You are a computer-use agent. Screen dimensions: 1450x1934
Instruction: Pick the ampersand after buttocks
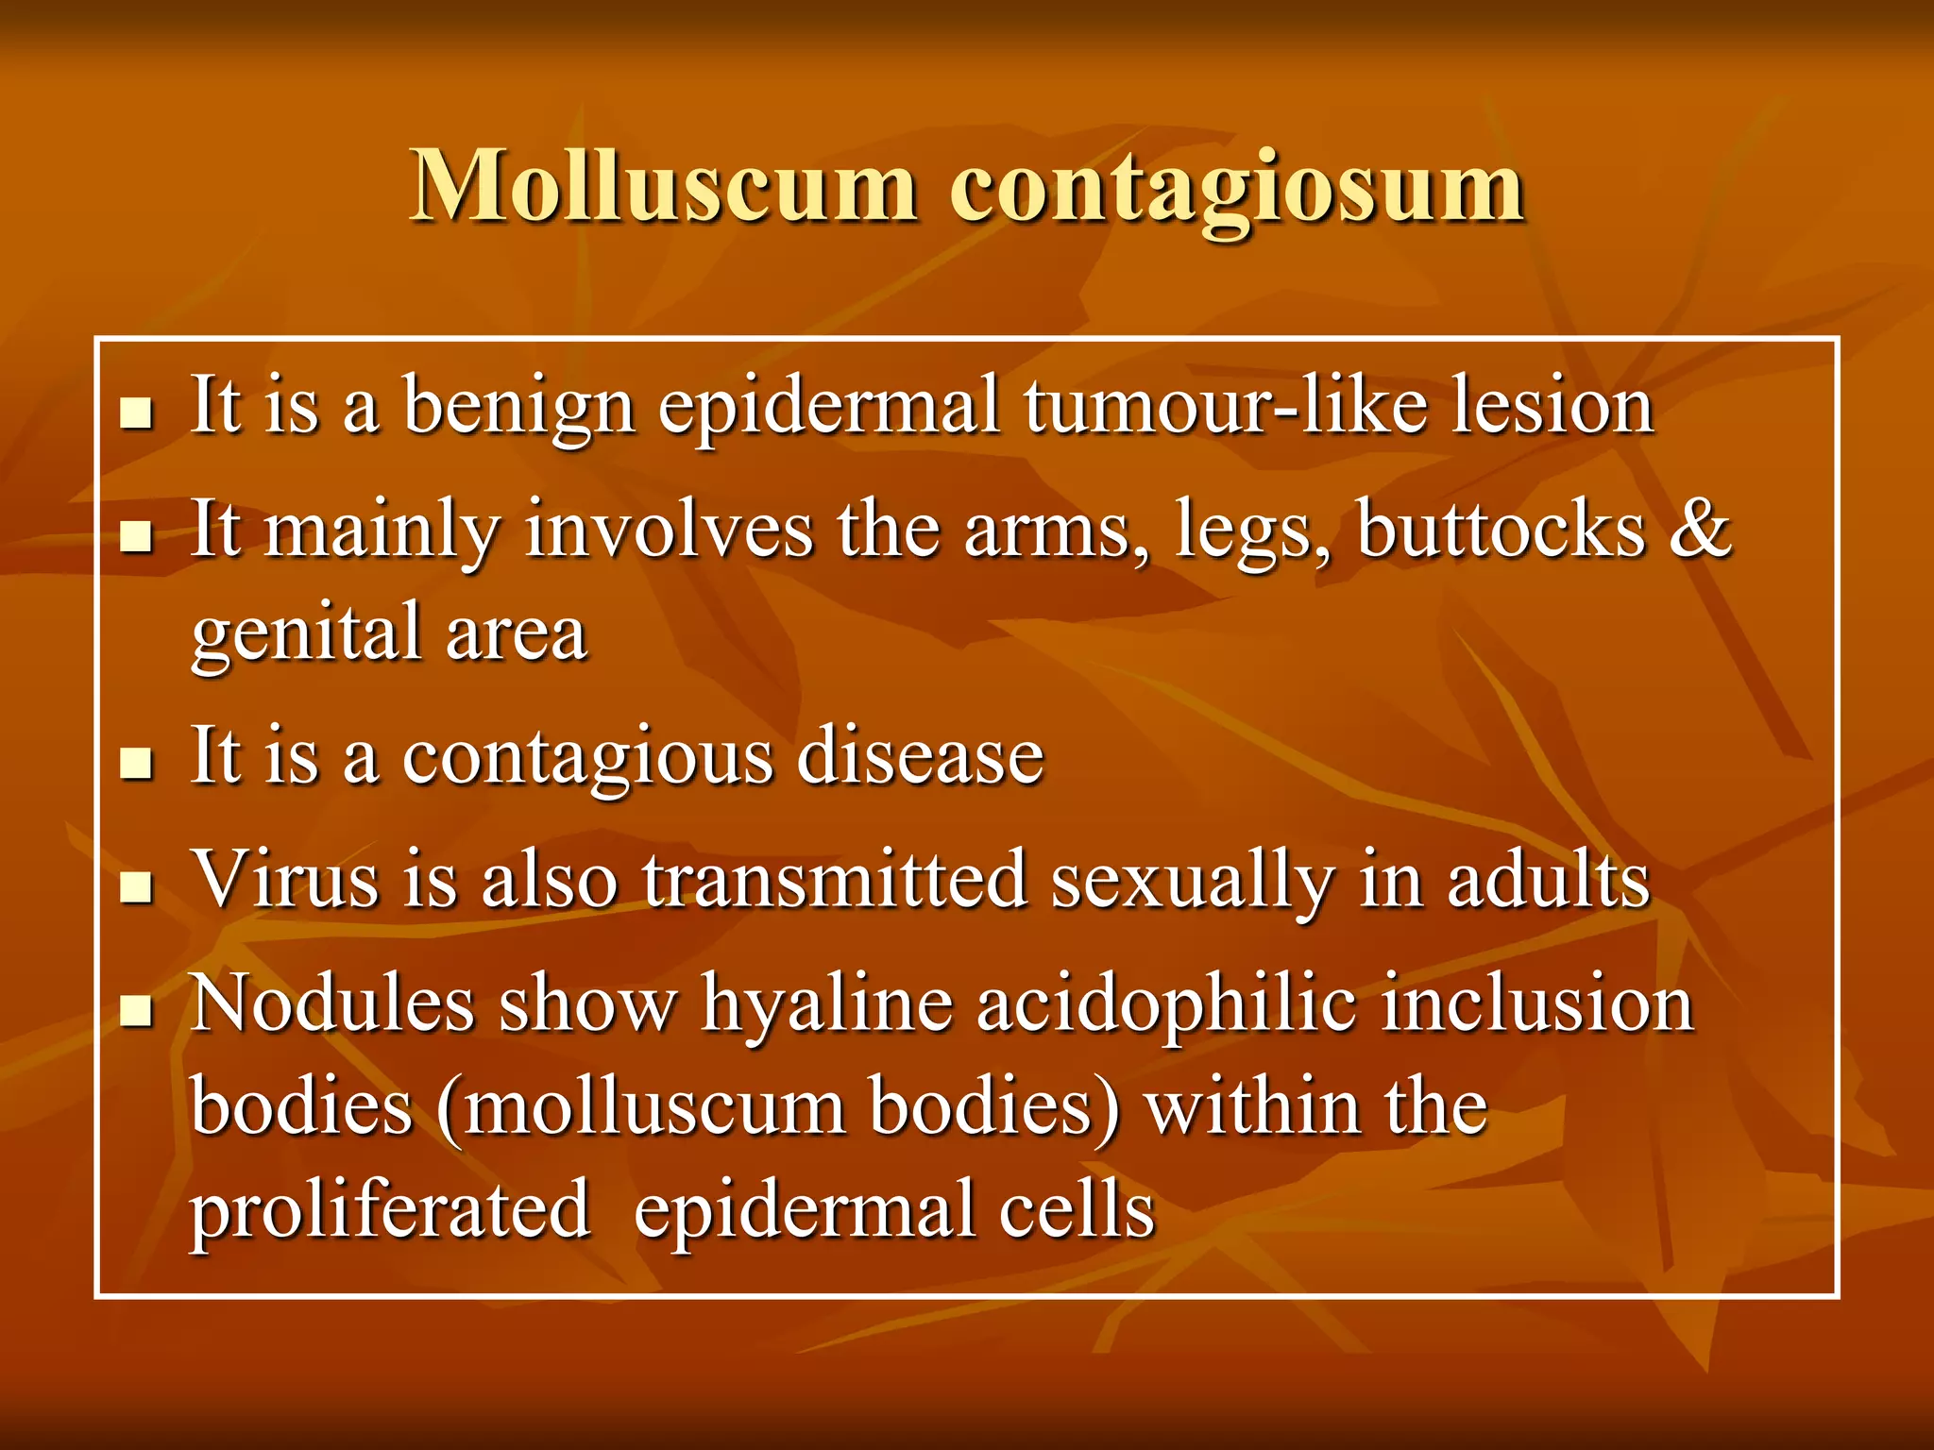tap(1700, 529)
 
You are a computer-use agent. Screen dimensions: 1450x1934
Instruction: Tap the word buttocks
tap(1501, 529)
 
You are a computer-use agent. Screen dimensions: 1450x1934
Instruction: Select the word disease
tap(921, 756)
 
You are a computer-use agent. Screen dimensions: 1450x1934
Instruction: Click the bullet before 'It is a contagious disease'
tap(137, 763)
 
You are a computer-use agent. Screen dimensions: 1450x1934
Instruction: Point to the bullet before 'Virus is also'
tap(137, 886)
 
